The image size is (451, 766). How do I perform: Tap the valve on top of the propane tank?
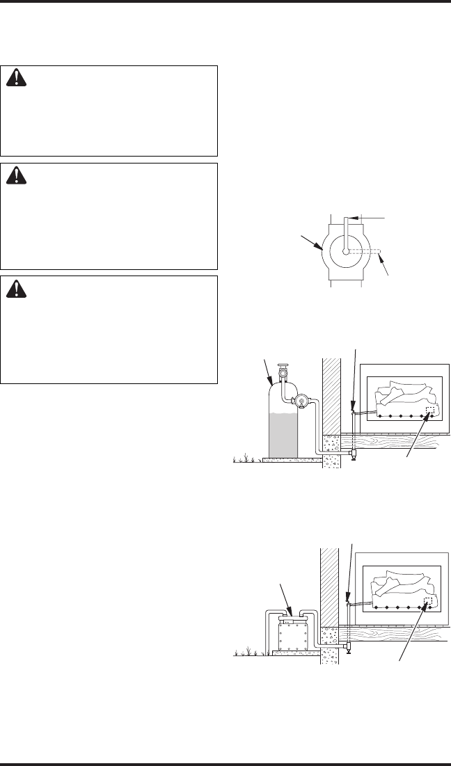click(x=283, y=372)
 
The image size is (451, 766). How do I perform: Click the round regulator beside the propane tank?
click(x=302, y=400)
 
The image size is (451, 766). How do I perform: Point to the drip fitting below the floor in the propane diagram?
click(x=354, y=454)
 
